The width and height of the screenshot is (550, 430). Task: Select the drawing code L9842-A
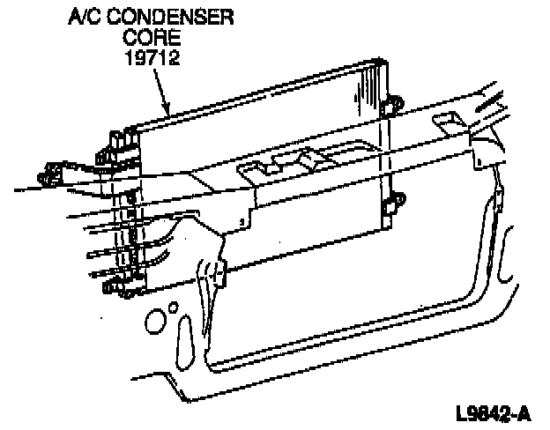tap(494, 412)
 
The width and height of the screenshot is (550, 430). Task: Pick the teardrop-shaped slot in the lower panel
tap(187, 340)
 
